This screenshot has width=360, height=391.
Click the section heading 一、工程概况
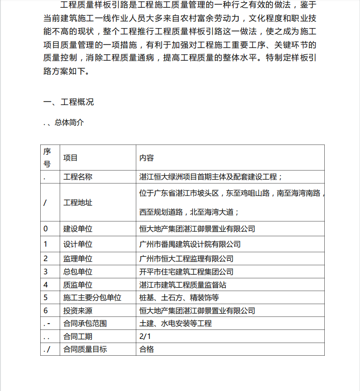click(68, 102)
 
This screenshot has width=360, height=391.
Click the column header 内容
click(147, 158)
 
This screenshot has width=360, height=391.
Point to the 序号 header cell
click(47, 157)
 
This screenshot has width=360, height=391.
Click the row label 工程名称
click(77, 176)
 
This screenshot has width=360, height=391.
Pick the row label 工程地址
click(77, 202)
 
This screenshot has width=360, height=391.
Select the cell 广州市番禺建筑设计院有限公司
click(190, 244)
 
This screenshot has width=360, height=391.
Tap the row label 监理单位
click(77, 258)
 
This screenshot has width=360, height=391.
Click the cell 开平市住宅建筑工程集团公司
click(186, 272)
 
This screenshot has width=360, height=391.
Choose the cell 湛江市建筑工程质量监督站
click(183, 285)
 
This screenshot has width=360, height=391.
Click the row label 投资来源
click(77, 311)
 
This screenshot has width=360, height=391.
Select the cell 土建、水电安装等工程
click(175, 324)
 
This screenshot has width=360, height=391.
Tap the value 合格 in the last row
click(147, 349)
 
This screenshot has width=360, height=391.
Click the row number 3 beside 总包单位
click(46, 272)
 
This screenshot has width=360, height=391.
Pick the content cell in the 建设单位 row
click(197, 229)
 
